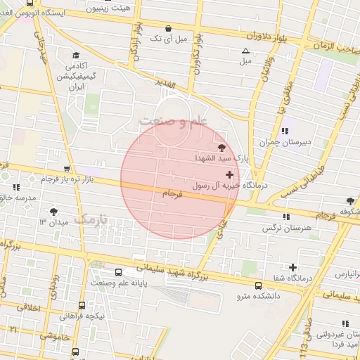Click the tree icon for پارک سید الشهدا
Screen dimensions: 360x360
click(223, 148)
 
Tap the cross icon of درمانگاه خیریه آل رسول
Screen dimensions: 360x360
click(229, 174)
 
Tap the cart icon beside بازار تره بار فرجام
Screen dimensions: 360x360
click(66, 169)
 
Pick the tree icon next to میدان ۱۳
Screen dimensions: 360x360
click(54, 211)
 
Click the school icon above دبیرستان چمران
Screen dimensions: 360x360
click(285, 131)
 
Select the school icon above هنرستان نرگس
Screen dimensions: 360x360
click(285, 217)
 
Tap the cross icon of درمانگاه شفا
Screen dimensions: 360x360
click(292, 267)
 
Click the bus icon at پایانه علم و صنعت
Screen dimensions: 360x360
click(118, 272)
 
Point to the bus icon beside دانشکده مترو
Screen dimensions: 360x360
click(259, 286)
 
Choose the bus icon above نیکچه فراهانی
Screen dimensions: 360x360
click(82, 305)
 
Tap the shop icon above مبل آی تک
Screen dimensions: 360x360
click(167, 28)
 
